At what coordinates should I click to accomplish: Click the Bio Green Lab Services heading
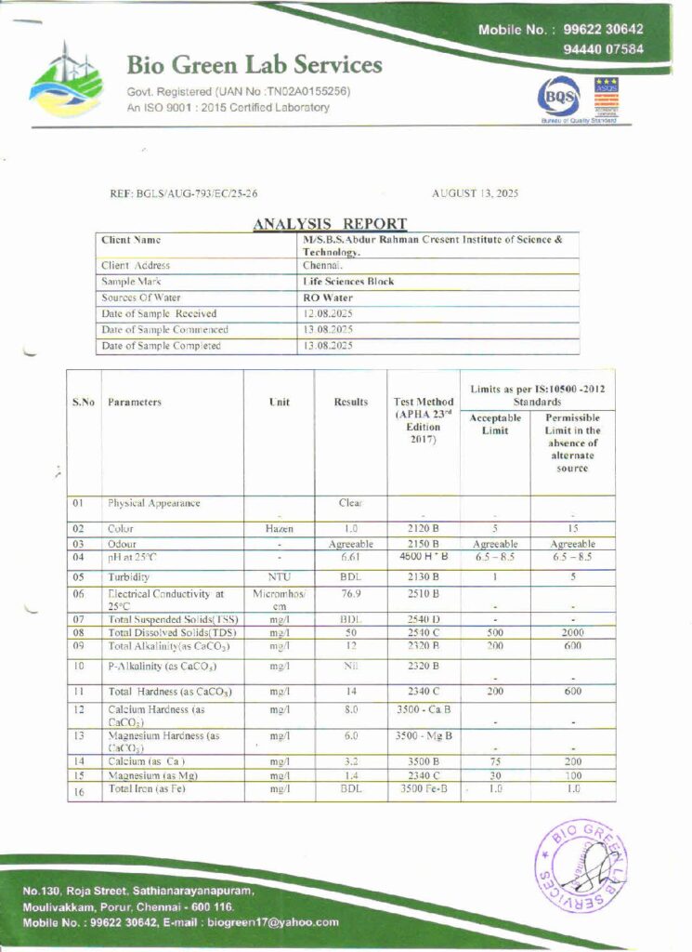254,65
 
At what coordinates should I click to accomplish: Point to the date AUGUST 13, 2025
476,193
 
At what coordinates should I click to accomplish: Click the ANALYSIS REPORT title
330,223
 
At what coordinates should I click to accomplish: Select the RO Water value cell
324,297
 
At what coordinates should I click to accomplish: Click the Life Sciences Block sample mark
348,281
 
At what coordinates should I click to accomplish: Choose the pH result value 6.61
350,557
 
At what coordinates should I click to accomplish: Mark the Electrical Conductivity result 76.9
350,593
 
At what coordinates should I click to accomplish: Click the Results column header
351,403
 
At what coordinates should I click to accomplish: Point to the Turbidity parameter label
129,576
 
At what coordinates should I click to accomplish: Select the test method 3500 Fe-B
424,788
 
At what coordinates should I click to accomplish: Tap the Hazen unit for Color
279,528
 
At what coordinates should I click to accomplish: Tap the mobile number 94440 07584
604,49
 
